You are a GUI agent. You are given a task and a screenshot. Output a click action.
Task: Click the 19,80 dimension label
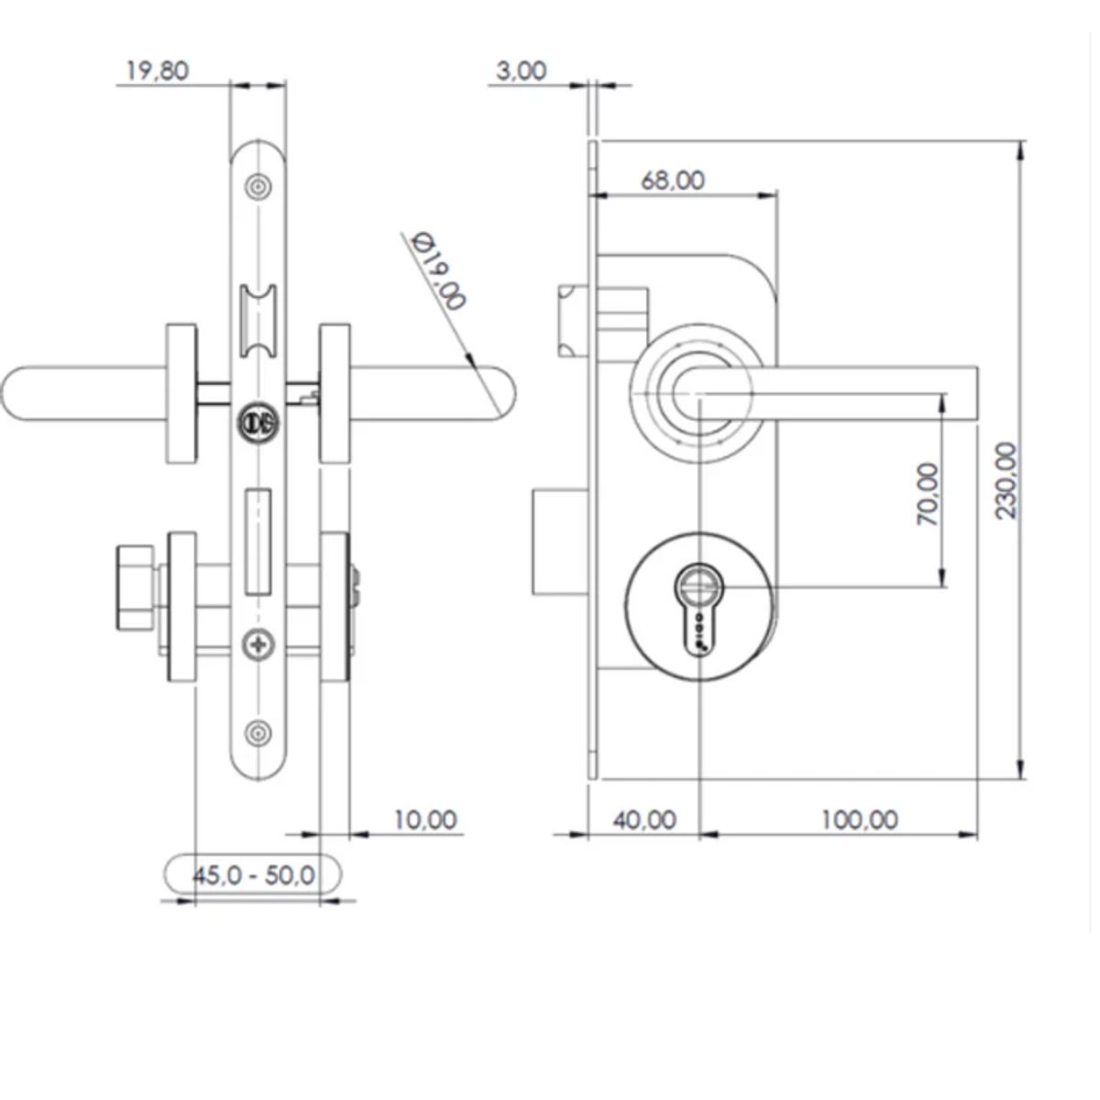point(157,71)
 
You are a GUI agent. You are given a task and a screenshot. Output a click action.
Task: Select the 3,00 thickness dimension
point(521,71)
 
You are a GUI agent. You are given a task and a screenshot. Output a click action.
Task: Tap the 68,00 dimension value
point(673,180)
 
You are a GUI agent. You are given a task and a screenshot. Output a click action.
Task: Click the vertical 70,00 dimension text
point(928,493)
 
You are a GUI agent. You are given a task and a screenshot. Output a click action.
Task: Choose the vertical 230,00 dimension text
point(1006,480)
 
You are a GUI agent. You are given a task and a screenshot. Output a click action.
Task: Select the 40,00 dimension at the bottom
point(643,819)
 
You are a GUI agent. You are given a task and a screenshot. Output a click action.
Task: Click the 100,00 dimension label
point(858,819)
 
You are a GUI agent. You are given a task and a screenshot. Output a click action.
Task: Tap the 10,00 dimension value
point(424,819)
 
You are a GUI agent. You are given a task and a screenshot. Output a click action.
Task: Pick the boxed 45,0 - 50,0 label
point(252,874)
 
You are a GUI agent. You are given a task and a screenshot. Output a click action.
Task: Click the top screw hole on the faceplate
point(258,187)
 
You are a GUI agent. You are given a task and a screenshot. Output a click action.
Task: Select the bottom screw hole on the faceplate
point(258,732)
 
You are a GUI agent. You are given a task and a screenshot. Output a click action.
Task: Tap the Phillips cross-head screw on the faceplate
point(258,646)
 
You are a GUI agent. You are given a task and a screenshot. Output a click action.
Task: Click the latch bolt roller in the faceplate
point(258,322)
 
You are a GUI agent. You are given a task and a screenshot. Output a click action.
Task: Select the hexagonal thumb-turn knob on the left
point(136,588)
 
